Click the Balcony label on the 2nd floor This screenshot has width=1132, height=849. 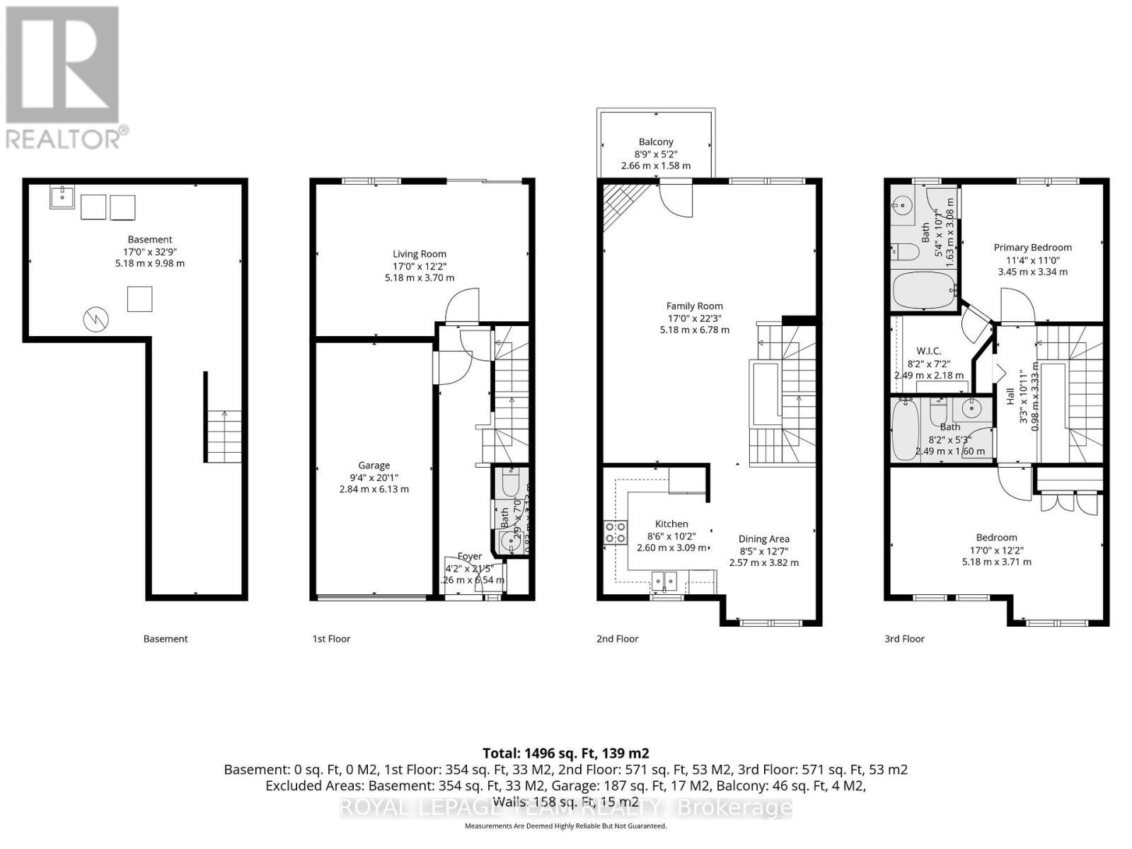(x=656, y=142)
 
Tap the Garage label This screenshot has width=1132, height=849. (x=374, y=466)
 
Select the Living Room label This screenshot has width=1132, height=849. (x=420, y=254)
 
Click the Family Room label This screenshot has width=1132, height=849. (x=694, y=306)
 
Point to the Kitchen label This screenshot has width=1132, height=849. (x=671, y=524)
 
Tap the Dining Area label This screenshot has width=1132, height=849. (x=763, y=539)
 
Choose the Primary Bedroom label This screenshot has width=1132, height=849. (x=1032, y=248)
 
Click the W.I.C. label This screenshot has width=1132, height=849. (x=928, y=352)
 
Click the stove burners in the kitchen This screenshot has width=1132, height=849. (x=615, y=532)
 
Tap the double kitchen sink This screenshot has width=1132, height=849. (x=664, y=582)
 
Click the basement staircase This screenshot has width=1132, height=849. (x=224, y=437)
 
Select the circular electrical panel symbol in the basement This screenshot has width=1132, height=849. (x=96, y=320)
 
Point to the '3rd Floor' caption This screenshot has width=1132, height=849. (x=904, y=639)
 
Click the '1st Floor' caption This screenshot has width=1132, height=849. (x=331, y=639)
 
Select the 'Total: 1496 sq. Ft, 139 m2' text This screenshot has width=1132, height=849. (x=565, y=753)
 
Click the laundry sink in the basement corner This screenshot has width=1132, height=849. (x=62, y=197)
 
